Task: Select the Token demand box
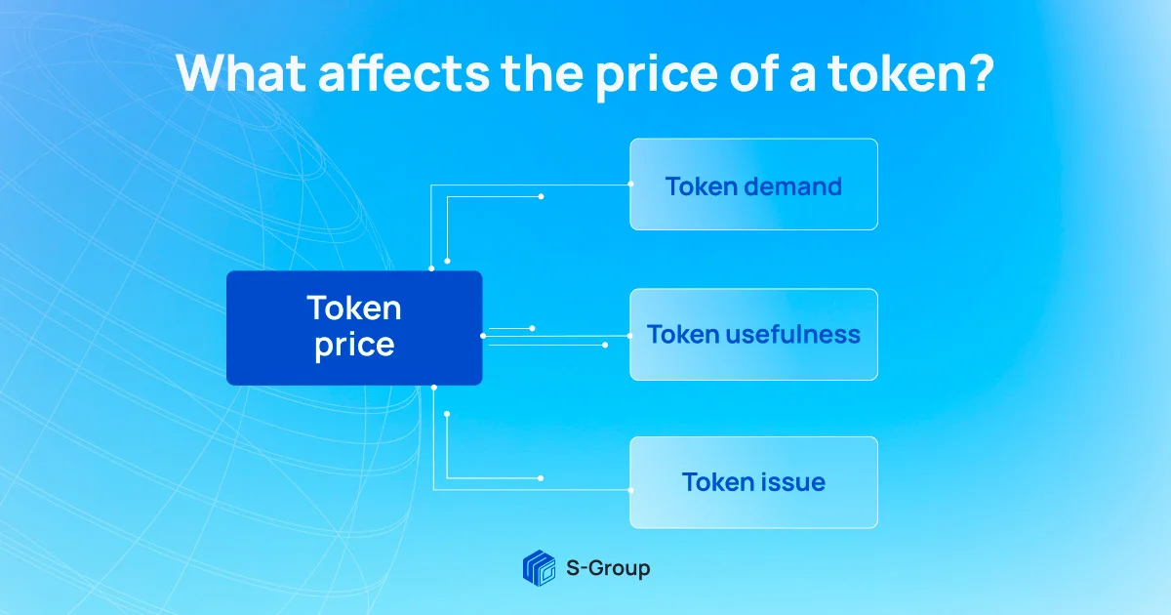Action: pos(753,184)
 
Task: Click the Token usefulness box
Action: pos(753,335)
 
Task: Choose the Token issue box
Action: pos(753,482)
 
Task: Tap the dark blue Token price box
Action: pos(354,327)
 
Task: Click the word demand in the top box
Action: pos(791,185)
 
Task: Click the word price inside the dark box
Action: pos(354,346)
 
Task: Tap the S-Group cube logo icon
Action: pos(538,567)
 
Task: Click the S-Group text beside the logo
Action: pos(607,567)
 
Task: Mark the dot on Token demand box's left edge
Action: pos(630,184)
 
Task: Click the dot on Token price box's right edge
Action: pos(483,335)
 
